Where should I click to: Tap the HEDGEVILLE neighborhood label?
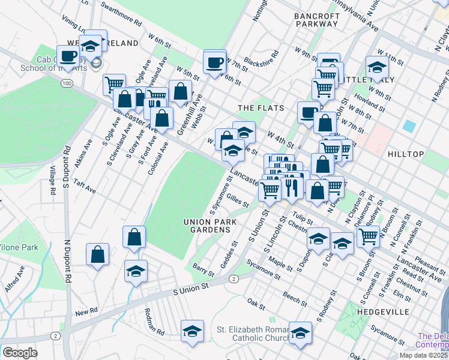pos(382,312)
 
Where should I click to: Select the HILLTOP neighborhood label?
pos(406,154)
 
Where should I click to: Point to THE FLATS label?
pos(257,108)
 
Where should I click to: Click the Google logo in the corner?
pos(20,352)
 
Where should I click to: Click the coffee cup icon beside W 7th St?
pos(215,62)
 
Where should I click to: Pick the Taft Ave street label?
pos(85,185)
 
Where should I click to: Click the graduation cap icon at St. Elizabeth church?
pos(300,333)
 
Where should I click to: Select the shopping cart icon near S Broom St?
pos(368,236)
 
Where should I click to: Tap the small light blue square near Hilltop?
pos(409,126)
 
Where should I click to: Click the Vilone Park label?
pos(19,247)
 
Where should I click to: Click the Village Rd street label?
pos(52,181)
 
